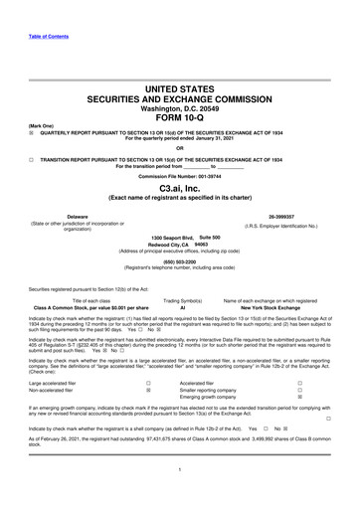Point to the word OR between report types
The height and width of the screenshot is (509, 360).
[x=180, y=152]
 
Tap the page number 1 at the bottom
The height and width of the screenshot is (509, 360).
[x=180, y=497]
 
